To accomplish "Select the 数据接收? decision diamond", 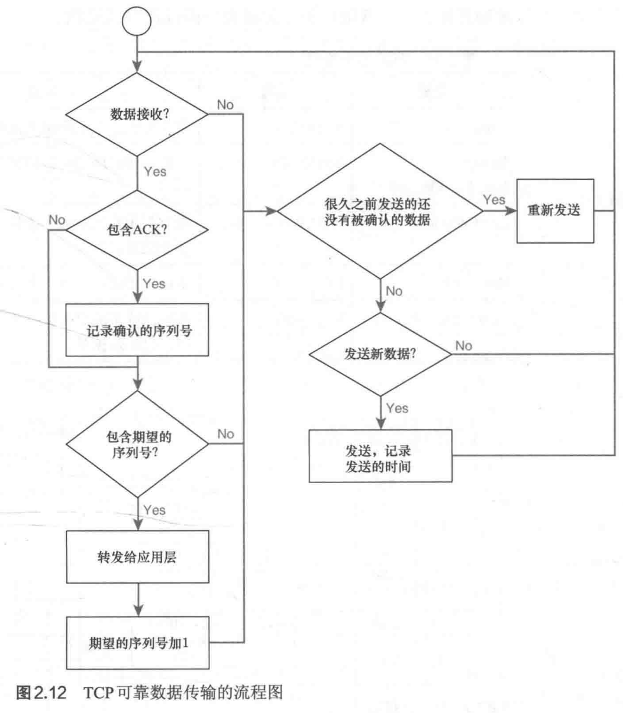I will (x=137, y=115).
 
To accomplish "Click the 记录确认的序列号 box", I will (x=137, y=330).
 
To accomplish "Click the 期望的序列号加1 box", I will (x=137, y=643).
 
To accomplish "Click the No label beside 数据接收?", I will (x=225, y=105).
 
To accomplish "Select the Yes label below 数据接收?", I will (x=155, y=172).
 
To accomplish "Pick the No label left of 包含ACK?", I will (x=57, y=219).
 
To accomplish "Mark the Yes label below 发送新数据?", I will (x=398, y=408).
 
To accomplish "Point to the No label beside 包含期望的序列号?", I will (x=225, y=434).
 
